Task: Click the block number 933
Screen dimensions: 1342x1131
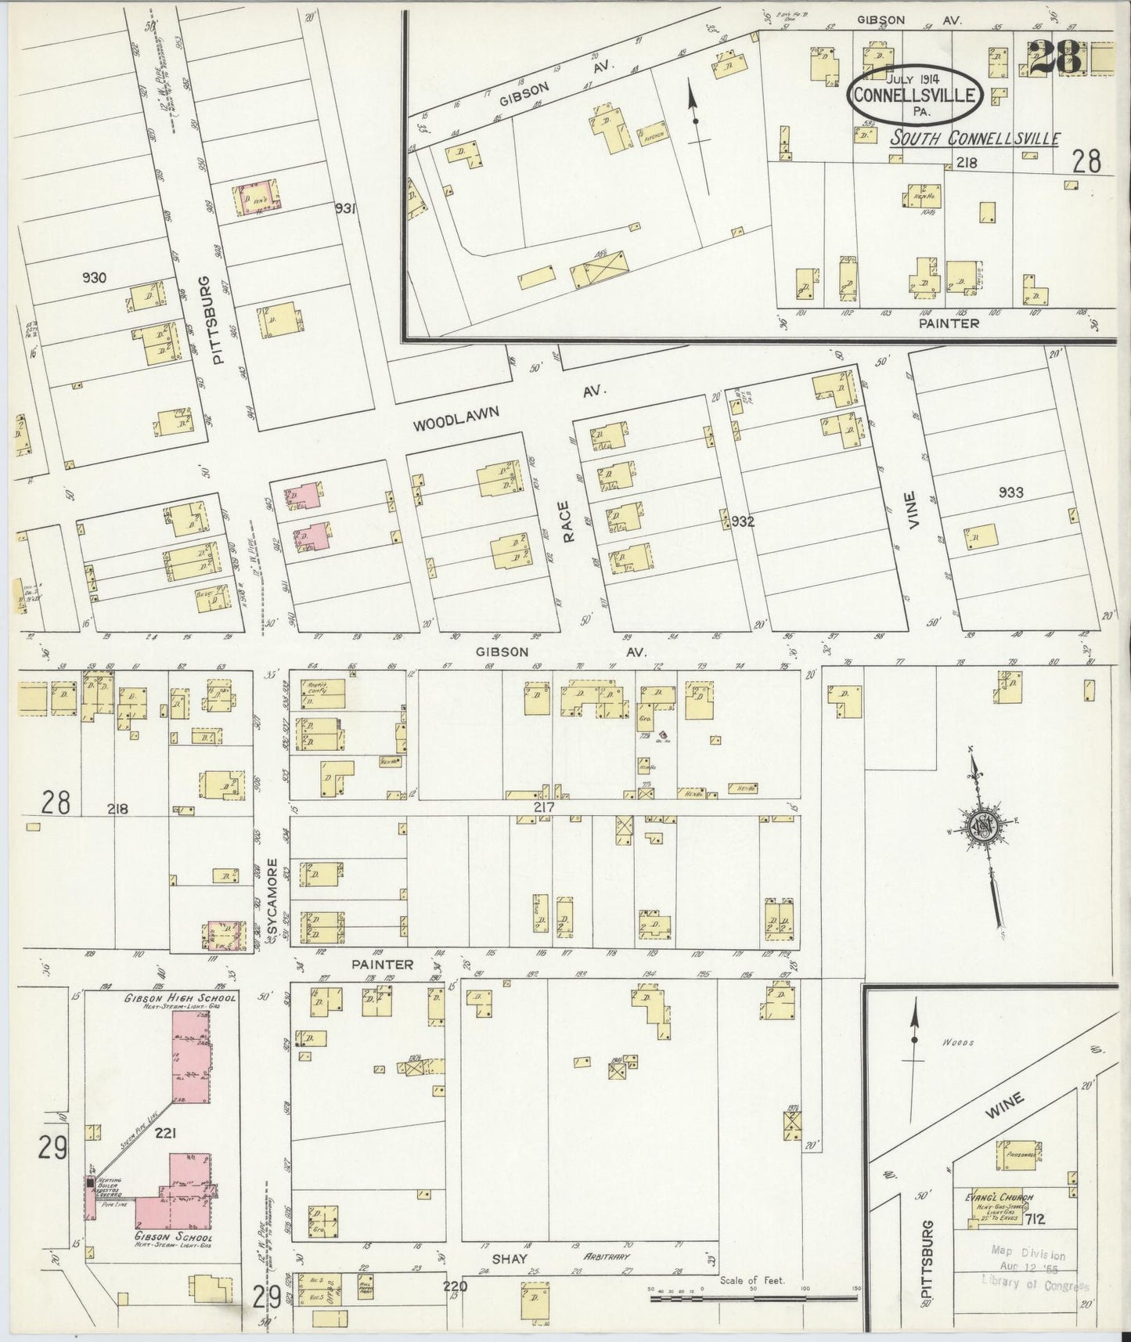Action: click(x=1011, y=492)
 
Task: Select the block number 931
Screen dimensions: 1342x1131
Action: click(x=345, y=208)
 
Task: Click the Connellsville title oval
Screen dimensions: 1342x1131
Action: click(x=915, y=94)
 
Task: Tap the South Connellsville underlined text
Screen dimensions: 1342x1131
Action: click(x=974, y=139)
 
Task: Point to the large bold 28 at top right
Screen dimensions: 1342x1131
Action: click(x=1054, y=58)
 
